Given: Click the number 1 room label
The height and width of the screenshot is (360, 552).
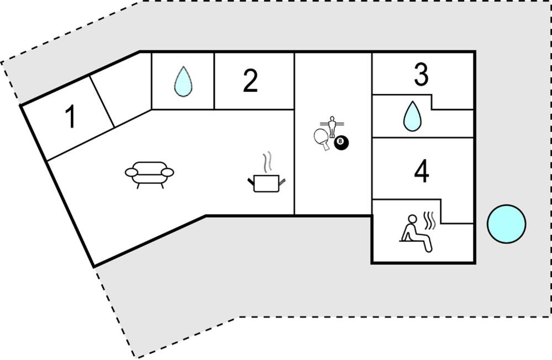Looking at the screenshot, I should tap(70, 117).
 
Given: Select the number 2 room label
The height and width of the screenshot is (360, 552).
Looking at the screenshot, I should tap(250, 82).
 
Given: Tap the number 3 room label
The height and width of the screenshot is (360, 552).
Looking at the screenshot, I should tap(421, 76).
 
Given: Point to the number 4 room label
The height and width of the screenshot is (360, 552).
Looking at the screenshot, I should tap(421, 172).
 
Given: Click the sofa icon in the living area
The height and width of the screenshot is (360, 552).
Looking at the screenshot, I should tap(149, 174).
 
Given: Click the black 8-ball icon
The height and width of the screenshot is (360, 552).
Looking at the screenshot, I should tap(341, 144).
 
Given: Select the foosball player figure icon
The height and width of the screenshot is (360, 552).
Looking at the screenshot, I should tap(332, 126).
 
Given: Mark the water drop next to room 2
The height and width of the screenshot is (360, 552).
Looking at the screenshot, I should tap(182, 81).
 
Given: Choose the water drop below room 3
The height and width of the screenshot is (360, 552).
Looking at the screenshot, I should tap(411, 117).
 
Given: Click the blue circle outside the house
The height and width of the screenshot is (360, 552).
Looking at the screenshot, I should tap(506, 224).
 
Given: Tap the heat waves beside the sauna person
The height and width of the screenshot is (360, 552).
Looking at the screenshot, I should tap(429, 219).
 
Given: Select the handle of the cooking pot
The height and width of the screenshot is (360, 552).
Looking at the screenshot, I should tap(282, 180).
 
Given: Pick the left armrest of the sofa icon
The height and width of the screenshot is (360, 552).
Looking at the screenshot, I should tap(132, 172).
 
